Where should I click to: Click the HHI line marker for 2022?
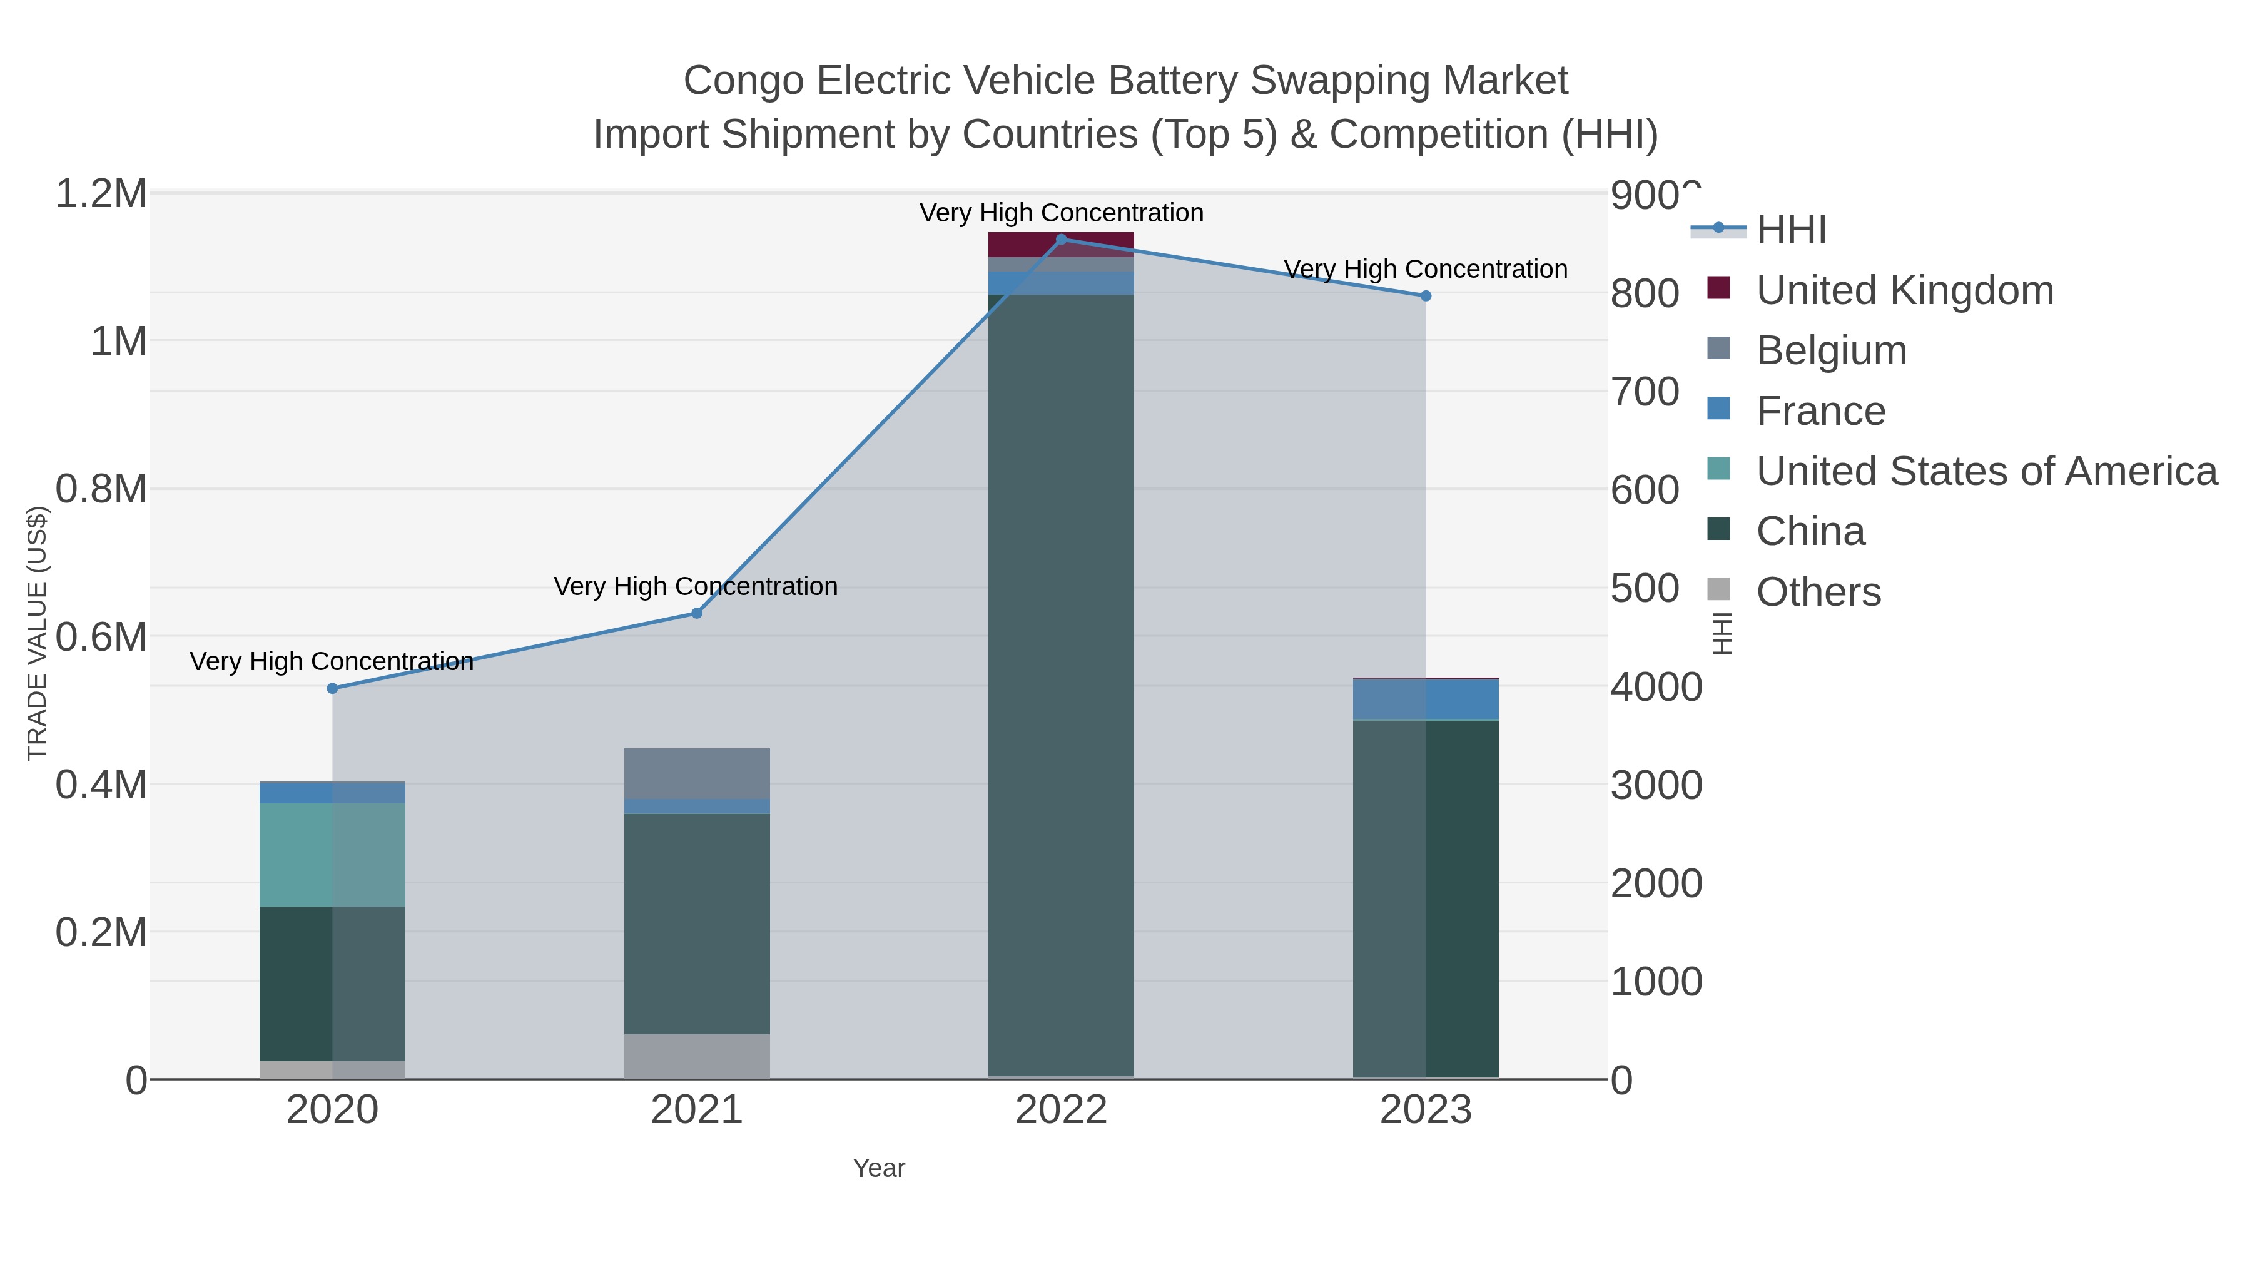coord(1062,239)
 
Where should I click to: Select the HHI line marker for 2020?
coord(332,688)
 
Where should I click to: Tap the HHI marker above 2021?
coord(697,613)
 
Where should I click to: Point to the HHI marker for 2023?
coord(1426,295)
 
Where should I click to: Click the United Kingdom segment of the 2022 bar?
coord(1062,245)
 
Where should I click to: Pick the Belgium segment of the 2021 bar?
coord(697,773)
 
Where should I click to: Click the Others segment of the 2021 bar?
coord(697,1056)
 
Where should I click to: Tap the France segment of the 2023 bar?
coord(1426,699)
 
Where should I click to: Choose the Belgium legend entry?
coord(1830,350)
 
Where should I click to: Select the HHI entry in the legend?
coord(1790,230)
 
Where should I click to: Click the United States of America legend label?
coord(1986,471)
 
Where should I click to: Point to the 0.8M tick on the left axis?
coord(101,489)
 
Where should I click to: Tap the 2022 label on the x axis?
coord(1062,1111)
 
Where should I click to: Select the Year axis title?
coord(879,1168)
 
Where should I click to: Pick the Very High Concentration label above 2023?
coord(1425,269)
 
